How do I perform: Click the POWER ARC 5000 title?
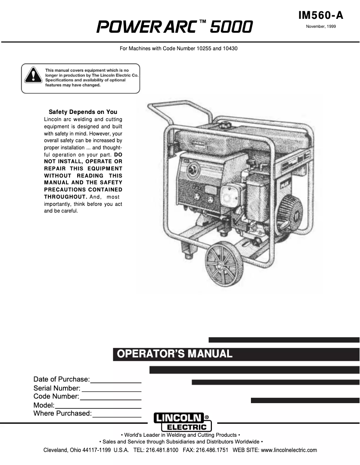point(175,27)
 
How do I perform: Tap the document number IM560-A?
point(320,16)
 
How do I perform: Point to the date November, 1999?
point(320,27)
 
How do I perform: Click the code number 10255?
point(204,48)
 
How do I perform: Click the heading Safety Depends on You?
point(83,112)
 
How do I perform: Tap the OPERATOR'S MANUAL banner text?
point(175,354)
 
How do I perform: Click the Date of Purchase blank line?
point(116,381)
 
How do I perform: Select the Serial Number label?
point(57,388)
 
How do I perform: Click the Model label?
point(44,405)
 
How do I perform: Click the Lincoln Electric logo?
point(182,422)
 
